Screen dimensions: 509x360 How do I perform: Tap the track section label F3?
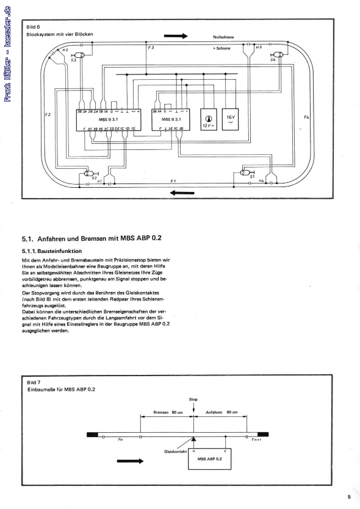click(151, 47)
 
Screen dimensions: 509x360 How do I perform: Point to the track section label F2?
click(48, 114)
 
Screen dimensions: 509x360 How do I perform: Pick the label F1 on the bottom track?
click(173, 181)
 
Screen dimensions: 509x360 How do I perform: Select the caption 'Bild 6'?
click(34, 27)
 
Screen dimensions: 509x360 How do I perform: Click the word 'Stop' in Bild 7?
click(193, 400)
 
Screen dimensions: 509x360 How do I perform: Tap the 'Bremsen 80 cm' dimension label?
click(167, 413)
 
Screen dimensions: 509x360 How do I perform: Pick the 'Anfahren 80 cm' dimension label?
click(220, 413)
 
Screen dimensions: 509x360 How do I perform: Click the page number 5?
click(349, 497)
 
